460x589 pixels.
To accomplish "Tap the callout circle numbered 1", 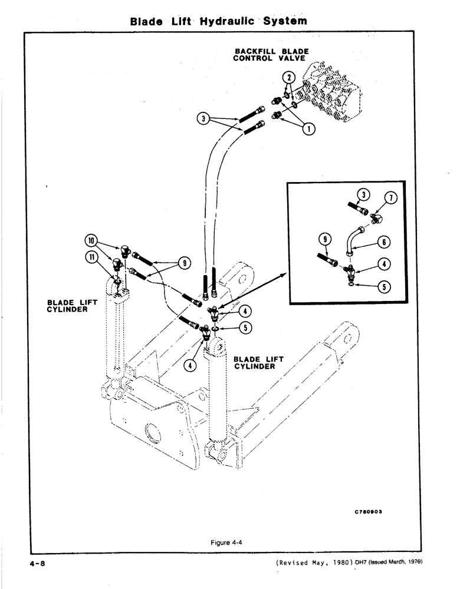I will pyautogui.click(x=308, y=126).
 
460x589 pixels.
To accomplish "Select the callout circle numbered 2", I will pyautogui.click(x=287, y=77).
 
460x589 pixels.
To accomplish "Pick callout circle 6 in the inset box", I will pyautogui.click(x=385, y=241).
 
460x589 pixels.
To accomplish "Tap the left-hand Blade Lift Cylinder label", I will pyautogui.click(x=67, y=306).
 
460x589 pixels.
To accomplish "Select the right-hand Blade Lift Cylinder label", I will pyautogui.click(x=258, y=362).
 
